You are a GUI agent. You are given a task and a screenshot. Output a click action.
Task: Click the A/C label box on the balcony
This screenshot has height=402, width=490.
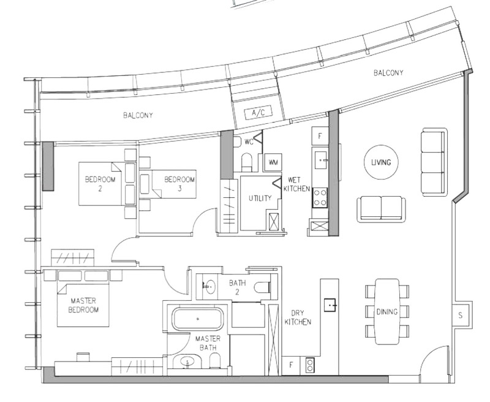coord(258,113)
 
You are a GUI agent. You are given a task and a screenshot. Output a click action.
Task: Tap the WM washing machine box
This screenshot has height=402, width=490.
coord(273,162)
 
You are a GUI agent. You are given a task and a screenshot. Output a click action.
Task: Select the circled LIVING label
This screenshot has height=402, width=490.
coord(381,162)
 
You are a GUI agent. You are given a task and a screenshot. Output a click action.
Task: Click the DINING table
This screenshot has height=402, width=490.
coord(387,311)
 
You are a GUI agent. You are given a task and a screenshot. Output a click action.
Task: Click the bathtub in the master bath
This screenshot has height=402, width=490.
coord(198,319)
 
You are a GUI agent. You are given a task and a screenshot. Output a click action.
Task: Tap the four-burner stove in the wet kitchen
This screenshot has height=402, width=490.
coord(320,197)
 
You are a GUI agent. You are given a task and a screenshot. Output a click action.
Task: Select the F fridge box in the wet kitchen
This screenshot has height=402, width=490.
coord(320,136)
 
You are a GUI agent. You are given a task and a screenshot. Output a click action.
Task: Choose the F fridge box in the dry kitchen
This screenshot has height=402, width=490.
coord(292,365)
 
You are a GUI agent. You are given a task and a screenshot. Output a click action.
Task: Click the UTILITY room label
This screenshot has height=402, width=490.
coord(260,198)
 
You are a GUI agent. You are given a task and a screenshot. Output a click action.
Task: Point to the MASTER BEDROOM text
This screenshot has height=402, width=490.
coord(83,305)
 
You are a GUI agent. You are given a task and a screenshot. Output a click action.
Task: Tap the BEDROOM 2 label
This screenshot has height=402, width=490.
coord(100,184)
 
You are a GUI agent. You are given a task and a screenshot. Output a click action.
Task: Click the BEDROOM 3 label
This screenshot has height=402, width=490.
coord(179,184)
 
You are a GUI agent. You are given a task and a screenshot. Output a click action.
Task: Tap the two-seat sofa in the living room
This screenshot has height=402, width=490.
coord(381,209)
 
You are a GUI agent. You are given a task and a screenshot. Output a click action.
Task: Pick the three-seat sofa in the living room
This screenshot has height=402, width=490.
coord(434,162)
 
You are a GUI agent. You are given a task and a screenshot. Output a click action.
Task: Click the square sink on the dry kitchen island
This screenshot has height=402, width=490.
coord(330,305)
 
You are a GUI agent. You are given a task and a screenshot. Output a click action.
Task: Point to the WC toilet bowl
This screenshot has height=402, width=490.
coord(247,162)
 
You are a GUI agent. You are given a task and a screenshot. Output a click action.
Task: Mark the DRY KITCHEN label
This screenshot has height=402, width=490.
coord(298,317)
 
